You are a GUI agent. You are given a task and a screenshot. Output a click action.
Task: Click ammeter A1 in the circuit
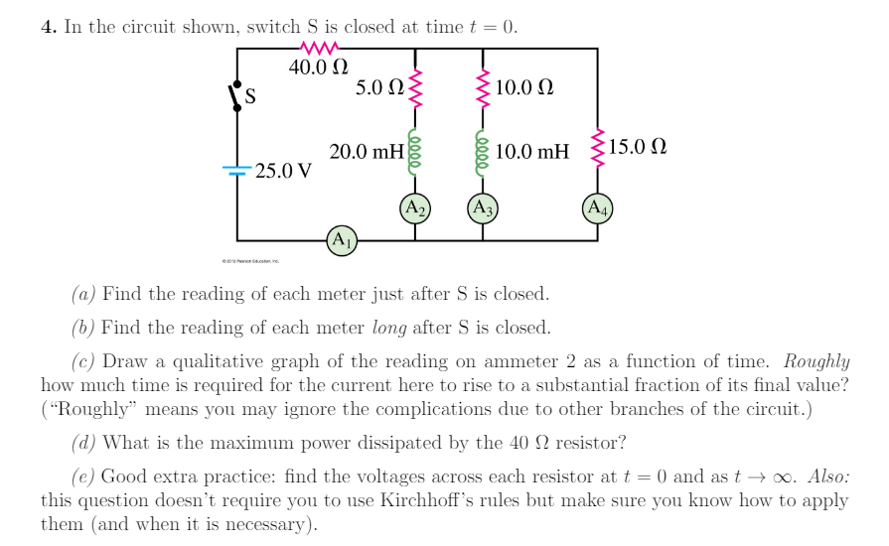[x=341, y=240]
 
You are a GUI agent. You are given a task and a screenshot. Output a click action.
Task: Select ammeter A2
[x=413, y=208]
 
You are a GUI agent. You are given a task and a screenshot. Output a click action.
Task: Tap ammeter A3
[x=483, y=208]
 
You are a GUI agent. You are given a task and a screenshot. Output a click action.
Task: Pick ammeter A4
[x=598, y=208]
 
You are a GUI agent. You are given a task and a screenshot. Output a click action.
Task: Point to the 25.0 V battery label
[x=283, y=171]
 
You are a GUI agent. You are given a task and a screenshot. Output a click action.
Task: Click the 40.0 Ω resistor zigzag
[x=319, y=48]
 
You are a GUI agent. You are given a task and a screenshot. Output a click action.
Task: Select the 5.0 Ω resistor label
[x=378, y=87]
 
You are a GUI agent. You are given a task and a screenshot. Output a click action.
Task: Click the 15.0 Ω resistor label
[x=638, y=149]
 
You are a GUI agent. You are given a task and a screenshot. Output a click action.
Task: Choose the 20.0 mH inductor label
[x=367, y=152]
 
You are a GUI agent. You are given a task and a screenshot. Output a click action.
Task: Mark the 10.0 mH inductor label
[x=532, y=152]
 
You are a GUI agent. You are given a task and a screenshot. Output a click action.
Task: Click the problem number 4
[x=48, y=27]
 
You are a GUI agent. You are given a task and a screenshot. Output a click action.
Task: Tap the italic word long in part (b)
[x=389, y=328]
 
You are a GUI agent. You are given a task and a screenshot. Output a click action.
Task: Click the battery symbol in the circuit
[x=236, y=171]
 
